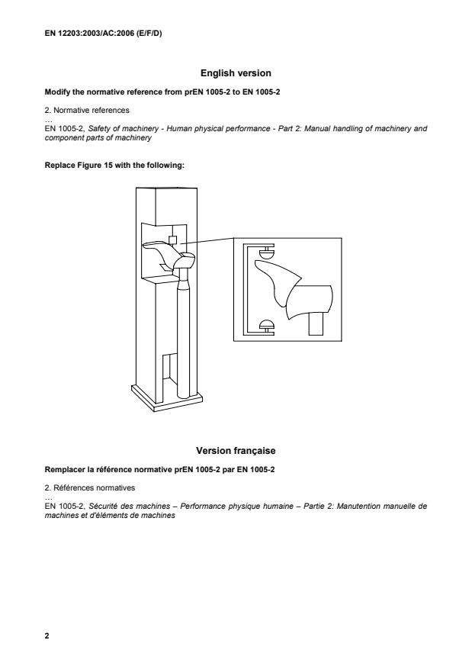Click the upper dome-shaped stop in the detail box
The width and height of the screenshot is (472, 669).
pos(266,252)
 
